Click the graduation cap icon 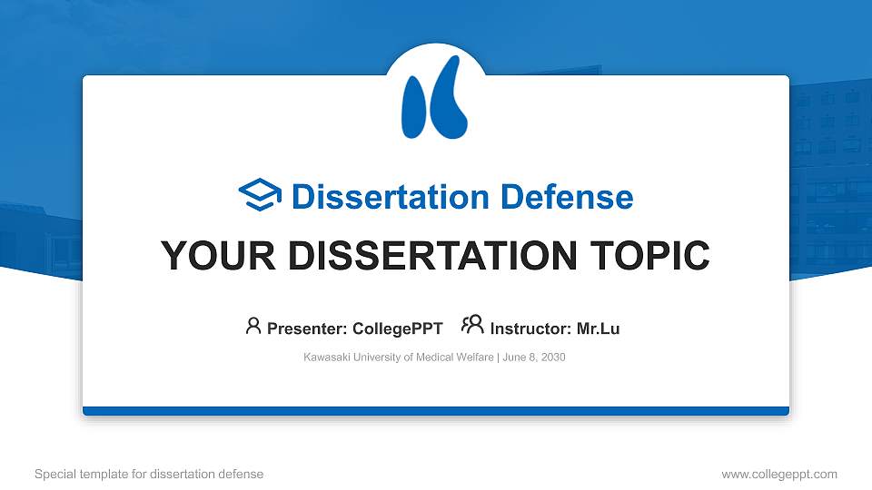(261, 195)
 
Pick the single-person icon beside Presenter (253, 326)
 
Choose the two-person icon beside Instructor (472, 325)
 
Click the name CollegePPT (398, 328)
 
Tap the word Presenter (304, 328)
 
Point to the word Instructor (530, 328)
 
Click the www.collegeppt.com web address (779, 474)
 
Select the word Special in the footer (55, 474)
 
